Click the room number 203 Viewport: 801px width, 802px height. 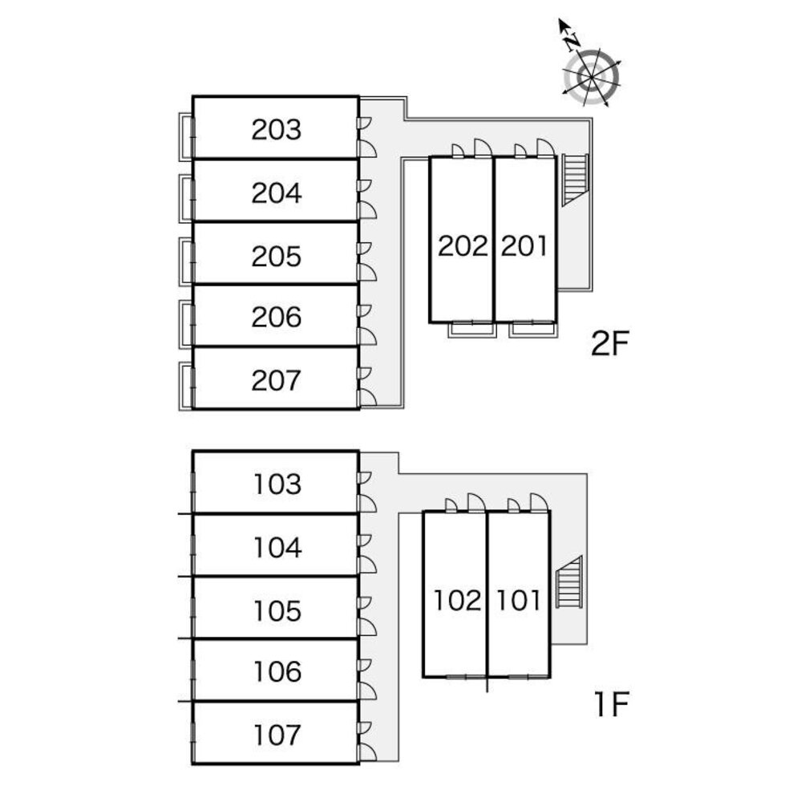[x=277, y=129]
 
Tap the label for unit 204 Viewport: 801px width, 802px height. [x=277, y=192]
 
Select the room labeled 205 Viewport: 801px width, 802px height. [x=277, y=256]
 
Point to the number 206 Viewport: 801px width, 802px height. [x=277, y=318]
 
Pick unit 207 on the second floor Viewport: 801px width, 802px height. [x=277, y=380]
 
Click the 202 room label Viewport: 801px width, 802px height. [x=463, y=245]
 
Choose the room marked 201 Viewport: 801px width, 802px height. [x=524, y=245]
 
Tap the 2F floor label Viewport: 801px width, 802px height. [x=612, y=344]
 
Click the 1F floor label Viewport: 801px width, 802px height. [x=612, y=705]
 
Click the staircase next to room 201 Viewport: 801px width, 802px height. [x=576, y=179]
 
